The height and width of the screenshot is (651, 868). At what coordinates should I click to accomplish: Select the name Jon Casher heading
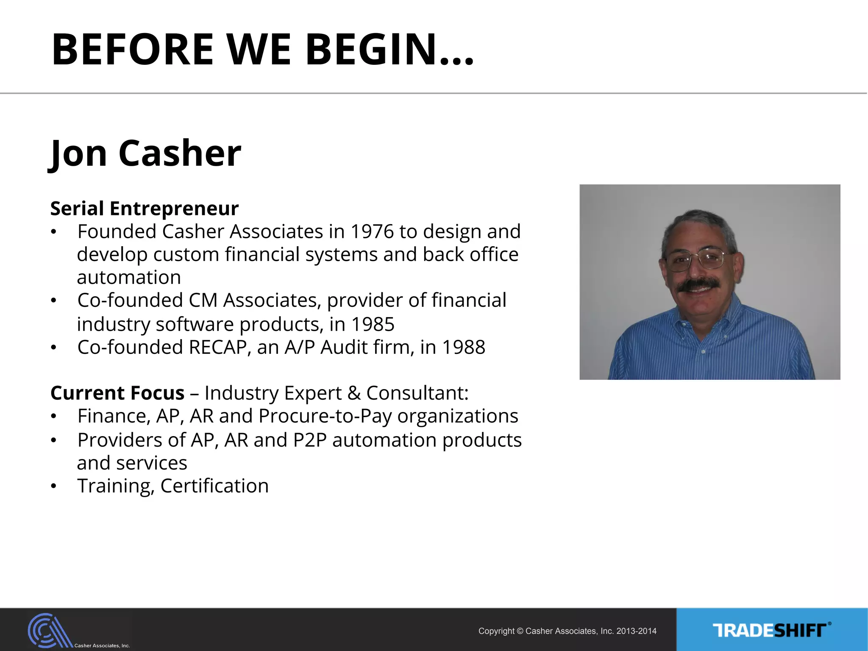click(x=145, y=153)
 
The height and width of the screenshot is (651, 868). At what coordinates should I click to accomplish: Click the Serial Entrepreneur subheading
click(x=145, y=209)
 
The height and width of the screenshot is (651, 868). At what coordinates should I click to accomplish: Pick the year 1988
click(x=463, y=348)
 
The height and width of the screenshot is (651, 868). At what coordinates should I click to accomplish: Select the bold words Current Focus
click(x=117, y=393)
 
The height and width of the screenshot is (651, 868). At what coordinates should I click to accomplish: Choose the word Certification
click(x=214, y=486)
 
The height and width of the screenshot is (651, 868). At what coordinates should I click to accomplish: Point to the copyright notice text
click(x=567, y=631)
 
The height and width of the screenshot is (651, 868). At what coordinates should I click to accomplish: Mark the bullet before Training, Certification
click(x=53, y=487)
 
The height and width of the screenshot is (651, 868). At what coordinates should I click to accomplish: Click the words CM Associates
click(x=253, y=300)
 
